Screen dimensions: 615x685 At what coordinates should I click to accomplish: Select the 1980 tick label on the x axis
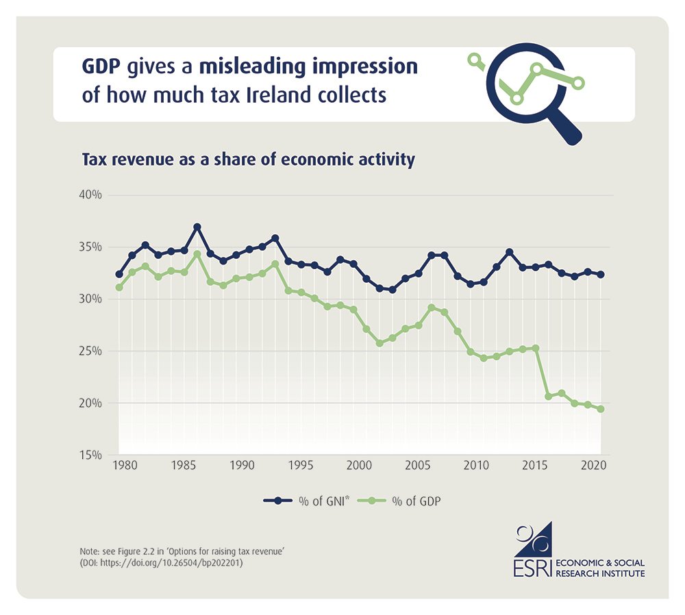click(124, 465)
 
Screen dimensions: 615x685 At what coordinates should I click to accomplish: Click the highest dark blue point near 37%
click(197, 227)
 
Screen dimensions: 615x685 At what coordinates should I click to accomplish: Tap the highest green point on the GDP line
click(197, 254)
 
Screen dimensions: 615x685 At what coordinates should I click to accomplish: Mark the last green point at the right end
click(601, 410)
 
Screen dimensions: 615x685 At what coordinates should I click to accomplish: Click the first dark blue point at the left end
click(119, 274)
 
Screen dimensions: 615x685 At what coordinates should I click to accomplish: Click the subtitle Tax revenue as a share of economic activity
click(249, 160)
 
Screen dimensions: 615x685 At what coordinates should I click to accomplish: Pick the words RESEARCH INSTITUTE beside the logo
click(600, 573)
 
